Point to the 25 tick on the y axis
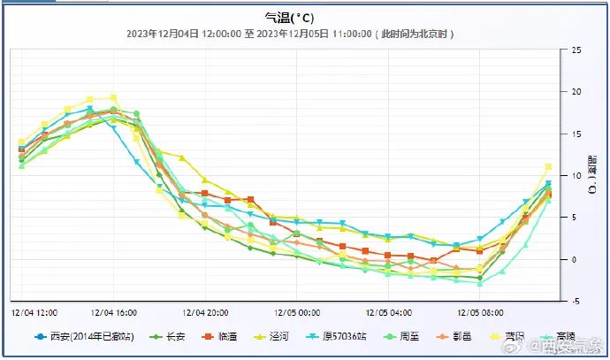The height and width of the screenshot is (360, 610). click(576, 50)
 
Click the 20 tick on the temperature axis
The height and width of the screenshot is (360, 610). click(576, 92)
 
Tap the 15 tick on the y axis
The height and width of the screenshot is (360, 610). click(576, 134)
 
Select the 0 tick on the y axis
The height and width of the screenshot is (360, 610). click(576, 259)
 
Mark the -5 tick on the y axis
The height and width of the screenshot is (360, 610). click(576, 301)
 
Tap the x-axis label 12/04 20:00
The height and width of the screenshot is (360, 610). click(206, 312)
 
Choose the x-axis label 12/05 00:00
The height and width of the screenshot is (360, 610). click(297, 312)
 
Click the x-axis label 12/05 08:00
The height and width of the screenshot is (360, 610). click(479, 312)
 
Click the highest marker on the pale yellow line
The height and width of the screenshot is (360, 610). click(113, 98)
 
